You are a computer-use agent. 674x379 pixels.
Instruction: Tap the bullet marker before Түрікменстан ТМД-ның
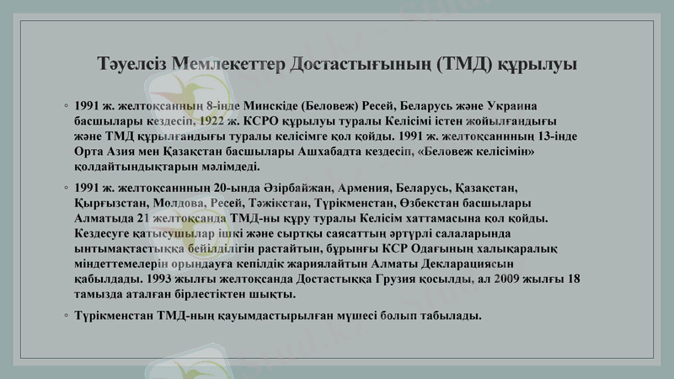tap(66, 316)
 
